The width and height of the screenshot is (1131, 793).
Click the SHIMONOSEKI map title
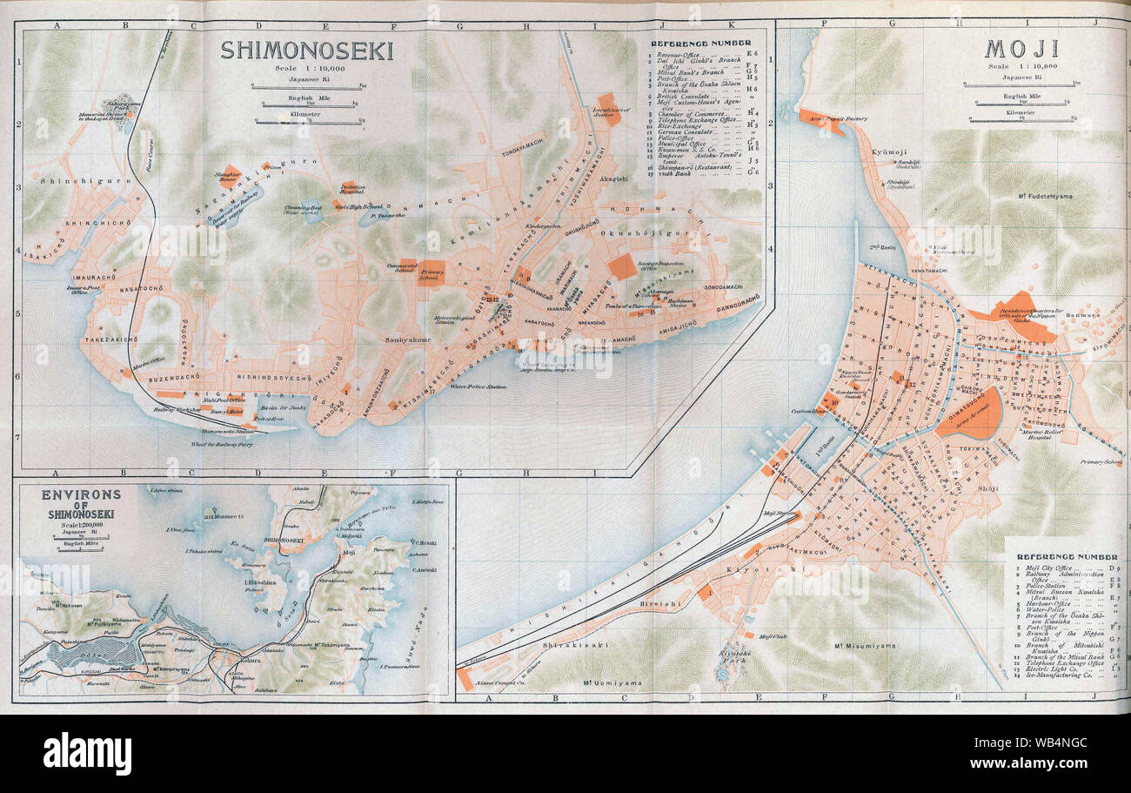306,50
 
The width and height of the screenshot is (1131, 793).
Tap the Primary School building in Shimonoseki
432,271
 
